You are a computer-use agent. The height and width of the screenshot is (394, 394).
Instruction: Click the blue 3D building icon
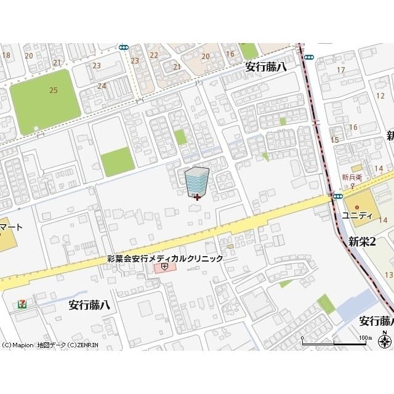coord(197,180)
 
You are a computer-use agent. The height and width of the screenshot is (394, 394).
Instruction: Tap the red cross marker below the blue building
coord(197,198)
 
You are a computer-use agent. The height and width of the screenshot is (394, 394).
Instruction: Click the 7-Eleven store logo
coord(22,304)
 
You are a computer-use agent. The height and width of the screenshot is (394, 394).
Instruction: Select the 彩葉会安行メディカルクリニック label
coord(164,259)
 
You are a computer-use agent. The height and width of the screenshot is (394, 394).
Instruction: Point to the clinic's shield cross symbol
coord(164,267)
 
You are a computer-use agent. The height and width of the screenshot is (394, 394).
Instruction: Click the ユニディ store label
coord(358,215)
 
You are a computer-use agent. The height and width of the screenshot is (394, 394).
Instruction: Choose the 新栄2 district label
coord(362,241)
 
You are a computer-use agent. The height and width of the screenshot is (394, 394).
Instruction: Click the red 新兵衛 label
coord(352,177)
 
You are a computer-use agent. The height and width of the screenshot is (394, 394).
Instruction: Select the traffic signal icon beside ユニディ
coord(337,196)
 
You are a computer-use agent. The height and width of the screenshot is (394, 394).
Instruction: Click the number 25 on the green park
coord(54,90)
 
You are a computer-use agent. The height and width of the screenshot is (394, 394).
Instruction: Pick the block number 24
coord(101,86)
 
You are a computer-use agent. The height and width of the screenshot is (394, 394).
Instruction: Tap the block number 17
coord(340,70)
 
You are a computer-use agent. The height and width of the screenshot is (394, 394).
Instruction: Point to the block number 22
coord(154,55)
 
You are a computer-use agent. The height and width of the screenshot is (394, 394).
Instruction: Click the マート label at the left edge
coord(11,227)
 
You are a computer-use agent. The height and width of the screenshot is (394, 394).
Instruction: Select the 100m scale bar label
coord(366,338)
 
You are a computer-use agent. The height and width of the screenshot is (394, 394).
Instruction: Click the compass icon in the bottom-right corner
coord(385,339)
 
